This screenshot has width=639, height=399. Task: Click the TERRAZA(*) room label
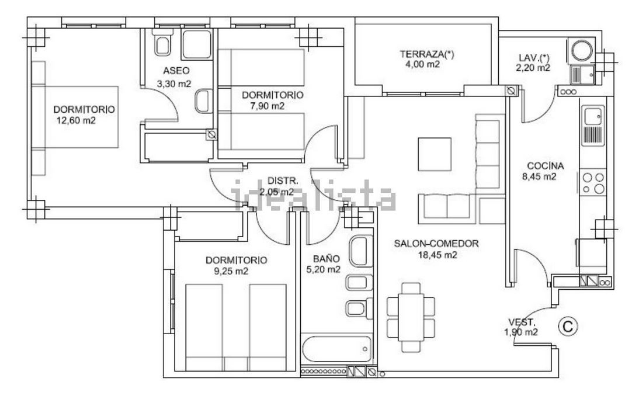pos(426,54)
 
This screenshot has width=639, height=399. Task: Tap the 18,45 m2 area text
pos(437,255)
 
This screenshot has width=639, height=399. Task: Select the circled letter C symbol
pos(568,326)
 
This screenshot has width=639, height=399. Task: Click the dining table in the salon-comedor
pos(411,317)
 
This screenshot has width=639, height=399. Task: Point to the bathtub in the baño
pos(336,349)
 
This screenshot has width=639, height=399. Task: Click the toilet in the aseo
pos(162,43)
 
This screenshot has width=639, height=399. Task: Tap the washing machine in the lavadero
pos(582,51)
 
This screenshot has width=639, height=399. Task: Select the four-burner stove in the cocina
pos(593,183)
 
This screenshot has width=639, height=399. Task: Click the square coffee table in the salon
pos(435,154)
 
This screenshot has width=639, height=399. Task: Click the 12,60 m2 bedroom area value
pos(76,120)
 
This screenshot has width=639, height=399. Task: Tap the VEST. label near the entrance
pos(522,322)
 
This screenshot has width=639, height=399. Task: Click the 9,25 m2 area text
pos(231,271)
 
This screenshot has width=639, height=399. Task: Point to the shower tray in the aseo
pos(197,44)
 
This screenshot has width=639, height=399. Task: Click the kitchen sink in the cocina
pos(593,126)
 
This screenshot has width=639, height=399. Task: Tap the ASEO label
pos(176,71)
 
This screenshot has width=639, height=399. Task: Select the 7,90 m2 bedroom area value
pos(268,106)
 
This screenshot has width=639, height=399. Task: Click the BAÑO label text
pos(326,258)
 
